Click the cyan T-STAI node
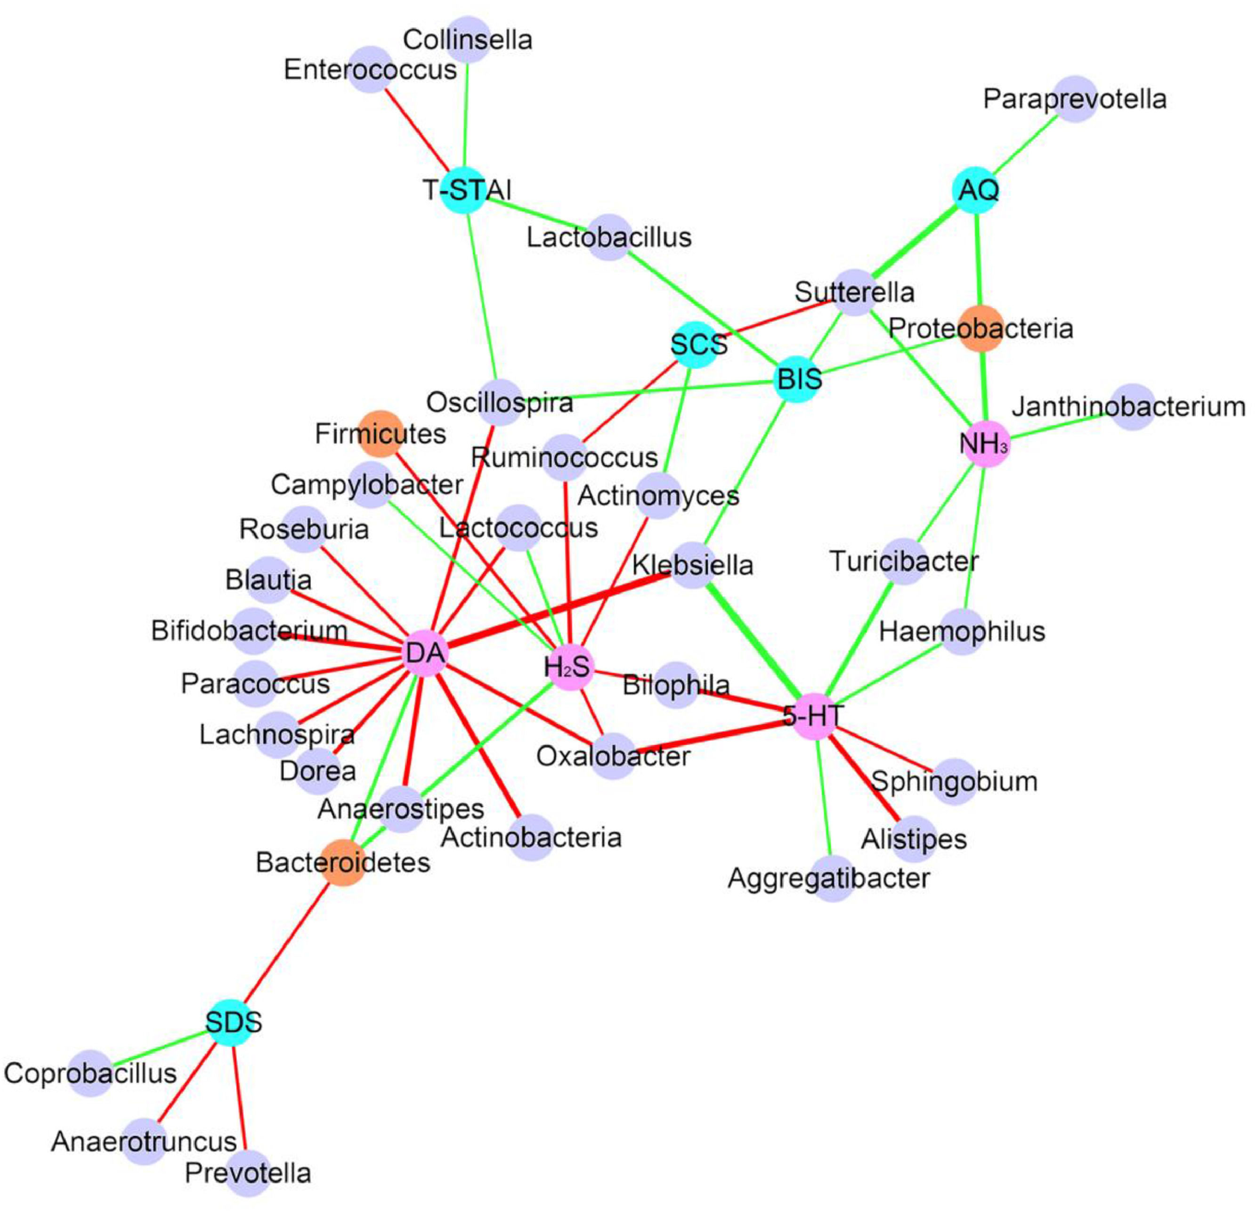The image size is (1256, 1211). [462, 190]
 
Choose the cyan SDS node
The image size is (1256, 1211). [232, 1023]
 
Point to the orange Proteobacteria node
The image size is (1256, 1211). [980, 329]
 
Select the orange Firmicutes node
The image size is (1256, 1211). [381, 434]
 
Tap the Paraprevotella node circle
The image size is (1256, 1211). [1075, 99]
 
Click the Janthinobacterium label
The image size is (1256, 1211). [1128, 407]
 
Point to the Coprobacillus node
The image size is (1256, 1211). [91, 1073]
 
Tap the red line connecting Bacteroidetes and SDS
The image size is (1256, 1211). [288, 942]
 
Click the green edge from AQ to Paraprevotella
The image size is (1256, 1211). [1025, 144]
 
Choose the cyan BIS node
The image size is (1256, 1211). [798, 379]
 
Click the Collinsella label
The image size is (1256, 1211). [468, 40]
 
